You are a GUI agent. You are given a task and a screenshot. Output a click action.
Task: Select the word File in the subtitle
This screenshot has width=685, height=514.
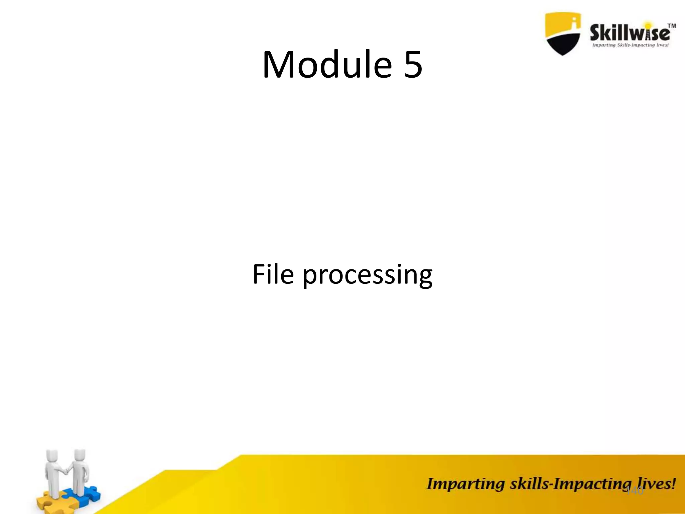273,274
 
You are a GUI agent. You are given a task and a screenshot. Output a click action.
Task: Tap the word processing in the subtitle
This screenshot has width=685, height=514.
367,275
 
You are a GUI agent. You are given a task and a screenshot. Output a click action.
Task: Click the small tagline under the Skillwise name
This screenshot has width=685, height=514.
630,45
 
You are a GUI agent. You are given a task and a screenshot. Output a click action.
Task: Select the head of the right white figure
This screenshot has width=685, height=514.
80,454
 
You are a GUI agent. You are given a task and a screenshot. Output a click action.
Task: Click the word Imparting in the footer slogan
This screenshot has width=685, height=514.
465,484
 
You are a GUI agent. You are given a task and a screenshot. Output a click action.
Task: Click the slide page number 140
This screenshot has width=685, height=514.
634,491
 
